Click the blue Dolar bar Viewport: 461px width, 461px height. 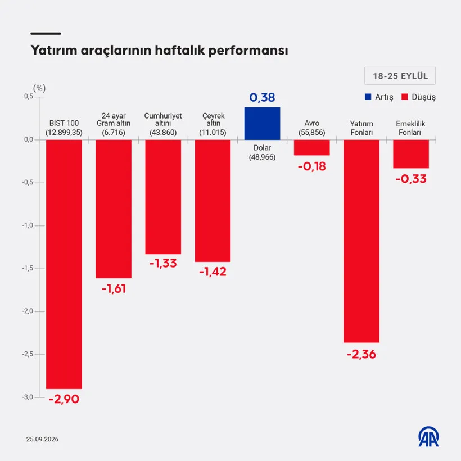262,124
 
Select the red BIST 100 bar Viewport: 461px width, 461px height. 64,264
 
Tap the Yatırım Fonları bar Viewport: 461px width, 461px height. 361,241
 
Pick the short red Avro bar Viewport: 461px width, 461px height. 311,148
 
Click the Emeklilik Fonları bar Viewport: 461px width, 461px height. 411,154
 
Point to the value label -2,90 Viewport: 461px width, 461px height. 64,399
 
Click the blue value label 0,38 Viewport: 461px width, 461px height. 262,98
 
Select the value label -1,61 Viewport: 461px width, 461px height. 114,289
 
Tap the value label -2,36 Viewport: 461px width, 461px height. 361,354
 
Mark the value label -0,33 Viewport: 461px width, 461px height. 411,179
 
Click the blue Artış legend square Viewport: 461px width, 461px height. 368,97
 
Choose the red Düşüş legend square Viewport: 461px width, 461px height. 405,97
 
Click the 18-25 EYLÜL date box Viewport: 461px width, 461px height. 400,76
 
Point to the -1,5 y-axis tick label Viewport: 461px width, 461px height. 28,268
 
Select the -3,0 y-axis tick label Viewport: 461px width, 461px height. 28,397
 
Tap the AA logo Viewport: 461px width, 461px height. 428,436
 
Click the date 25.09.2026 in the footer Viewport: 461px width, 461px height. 42,439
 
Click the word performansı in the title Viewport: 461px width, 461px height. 248,51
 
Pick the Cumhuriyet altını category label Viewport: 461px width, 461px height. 163,120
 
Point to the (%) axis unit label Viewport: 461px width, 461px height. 39,88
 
